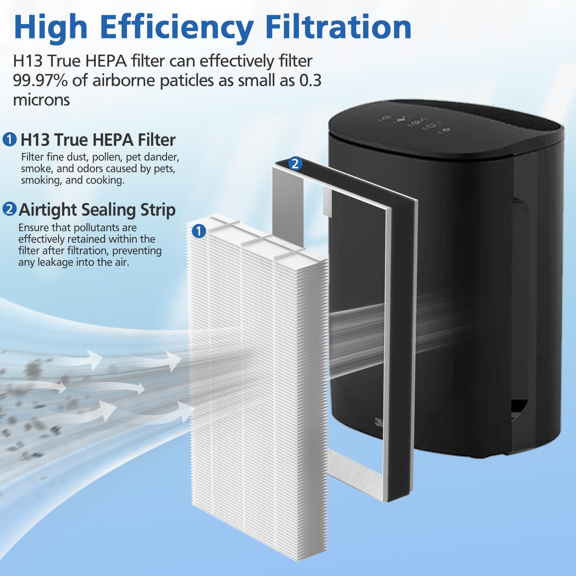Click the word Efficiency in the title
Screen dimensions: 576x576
pyautogui.click(x=176, y=27)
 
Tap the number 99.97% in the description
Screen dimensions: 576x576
pyautogui.click(x=40, y=80)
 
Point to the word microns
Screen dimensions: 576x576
pyautogui.click(x=41, y=100)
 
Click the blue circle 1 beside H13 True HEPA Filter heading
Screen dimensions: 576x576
pyautogui.click(x=10, y=139)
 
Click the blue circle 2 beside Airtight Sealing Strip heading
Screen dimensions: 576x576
pyautogui.click(x=10, y=209)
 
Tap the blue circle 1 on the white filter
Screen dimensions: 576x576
pyautogui.click(x=199, y=231)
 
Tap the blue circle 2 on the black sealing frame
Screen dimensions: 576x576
pyautogui.click(x=295, y=164)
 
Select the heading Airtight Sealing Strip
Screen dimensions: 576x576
pyautogui.click(x=97, y=210)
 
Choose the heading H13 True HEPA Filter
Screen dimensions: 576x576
pyautogui.click(x=98, y=140)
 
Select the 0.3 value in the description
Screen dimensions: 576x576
pyautogui.click(x=310, y=80)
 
